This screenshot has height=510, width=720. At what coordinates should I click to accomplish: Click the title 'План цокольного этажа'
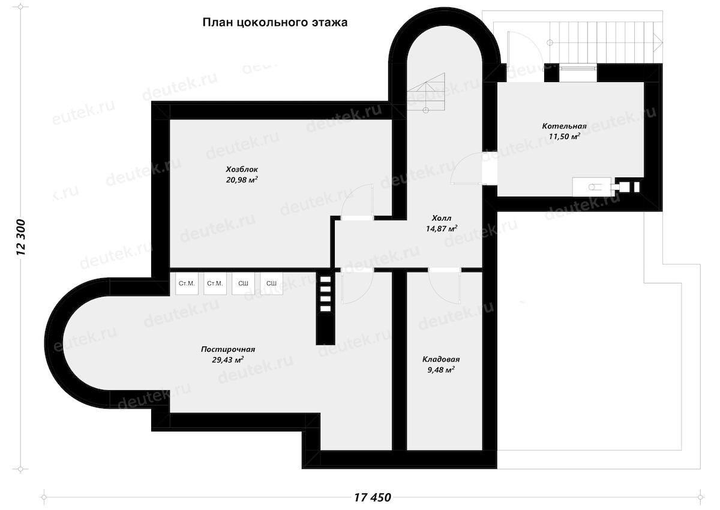click(x=275, y=22)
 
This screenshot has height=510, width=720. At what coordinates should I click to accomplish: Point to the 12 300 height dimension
click(x=20, y=237)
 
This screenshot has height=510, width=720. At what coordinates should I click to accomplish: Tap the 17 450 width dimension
click(x=373, y=497)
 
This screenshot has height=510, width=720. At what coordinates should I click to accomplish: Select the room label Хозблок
click(x=242, y=169)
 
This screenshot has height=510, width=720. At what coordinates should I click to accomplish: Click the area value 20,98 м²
click(x=242, y=180)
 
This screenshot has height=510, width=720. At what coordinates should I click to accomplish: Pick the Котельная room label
click(x=564, y=126)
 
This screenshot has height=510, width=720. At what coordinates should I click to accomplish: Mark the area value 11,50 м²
click(x=564, y=137)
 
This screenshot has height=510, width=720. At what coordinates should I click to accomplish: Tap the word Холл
click(x=442, y=218)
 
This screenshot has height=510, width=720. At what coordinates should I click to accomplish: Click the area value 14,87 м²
click(x=442, y=228)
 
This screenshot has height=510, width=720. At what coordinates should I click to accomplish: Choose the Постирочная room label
click(x=228, y=349)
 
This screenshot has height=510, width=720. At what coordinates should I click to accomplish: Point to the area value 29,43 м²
click(x=228, y=360)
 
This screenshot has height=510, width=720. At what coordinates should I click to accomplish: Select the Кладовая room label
click(x=441, y=359)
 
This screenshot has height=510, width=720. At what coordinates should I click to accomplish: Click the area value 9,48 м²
click(x=441, y=370)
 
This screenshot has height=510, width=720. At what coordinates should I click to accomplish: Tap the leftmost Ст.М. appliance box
click(x=187, y=283)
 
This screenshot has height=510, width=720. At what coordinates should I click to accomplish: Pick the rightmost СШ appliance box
click(x=272, y=283)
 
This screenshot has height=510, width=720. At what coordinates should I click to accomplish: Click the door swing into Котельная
click(x=466, y=168)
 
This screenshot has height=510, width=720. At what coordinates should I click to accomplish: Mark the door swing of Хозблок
click(x=357, y=202)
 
